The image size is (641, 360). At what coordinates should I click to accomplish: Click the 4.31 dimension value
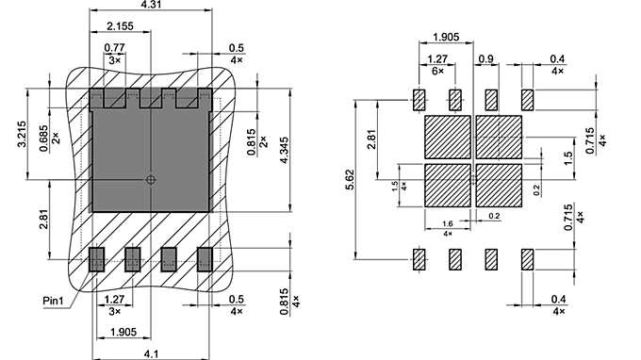(149, 6)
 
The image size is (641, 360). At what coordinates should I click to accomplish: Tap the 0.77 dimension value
(114, 48)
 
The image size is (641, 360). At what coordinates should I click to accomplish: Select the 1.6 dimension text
(448, 223)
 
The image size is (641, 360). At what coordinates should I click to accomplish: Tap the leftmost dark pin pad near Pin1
(95, 259)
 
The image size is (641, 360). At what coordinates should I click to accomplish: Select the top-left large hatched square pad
(448, 138)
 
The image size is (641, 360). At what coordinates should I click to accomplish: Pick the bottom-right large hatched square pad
(499, 186)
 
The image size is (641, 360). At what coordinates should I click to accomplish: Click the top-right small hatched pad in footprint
(527, 99)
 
